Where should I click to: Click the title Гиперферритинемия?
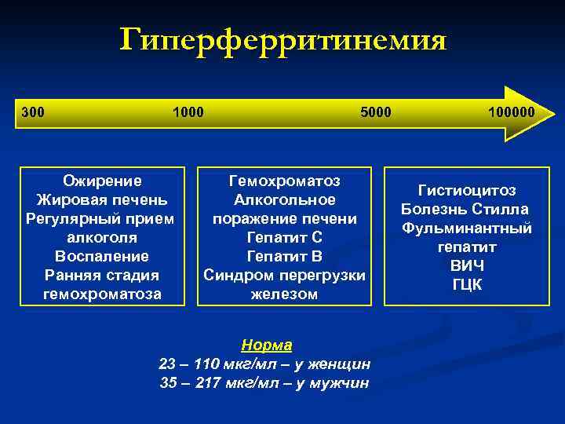tap(282, 40)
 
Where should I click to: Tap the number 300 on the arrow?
tap(33, 111)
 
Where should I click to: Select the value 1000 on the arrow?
tap(188, 111)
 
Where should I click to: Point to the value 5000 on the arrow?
tap(375, 111)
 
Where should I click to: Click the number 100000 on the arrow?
tap(510, 111)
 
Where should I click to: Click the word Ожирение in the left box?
tap(103, 180)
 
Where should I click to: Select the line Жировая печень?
tap(103, 199)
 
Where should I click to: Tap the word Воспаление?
tap(103, 256)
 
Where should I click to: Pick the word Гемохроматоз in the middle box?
tap(284, 180)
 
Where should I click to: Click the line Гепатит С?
tap(284, 237)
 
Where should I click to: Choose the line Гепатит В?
tap(284, 256)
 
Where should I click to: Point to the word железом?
tap(284, 294)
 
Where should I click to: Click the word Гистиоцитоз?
tap(467, 190)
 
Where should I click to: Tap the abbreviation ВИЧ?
tap(467, 266)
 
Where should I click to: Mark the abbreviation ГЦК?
tap(467, 285)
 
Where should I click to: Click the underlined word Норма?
tap(266, 345)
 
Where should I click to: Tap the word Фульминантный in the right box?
tap(467, 228)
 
